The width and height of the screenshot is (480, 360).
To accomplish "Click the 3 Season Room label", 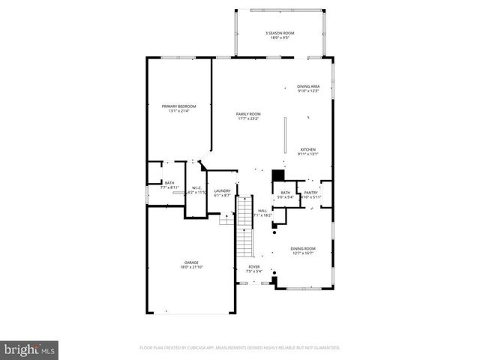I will point(278,33).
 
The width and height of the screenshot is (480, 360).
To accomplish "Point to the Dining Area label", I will point(308,86).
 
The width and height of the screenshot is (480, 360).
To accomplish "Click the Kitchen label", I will point(308,149).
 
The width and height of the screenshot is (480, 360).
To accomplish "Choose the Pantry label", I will point(310,193).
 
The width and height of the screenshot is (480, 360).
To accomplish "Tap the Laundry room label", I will point(222,190).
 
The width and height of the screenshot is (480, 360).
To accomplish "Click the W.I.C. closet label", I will point(195,188).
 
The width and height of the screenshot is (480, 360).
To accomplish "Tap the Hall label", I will point(262,211).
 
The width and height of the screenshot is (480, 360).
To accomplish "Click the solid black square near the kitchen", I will point(278,175).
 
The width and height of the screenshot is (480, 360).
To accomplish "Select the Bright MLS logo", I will point(29,349).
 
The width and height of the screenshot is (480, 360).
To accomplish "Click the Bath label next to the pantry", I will point(285,193).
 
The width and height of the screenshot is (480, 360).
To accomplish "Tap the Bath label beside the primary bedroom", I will point(169,183).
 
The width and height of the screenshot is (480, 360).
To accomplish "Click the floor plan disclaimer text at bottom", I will point(239,348).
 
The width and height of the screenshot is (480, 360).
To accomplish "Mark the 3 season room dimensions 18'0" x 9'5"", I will point(278,37).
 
